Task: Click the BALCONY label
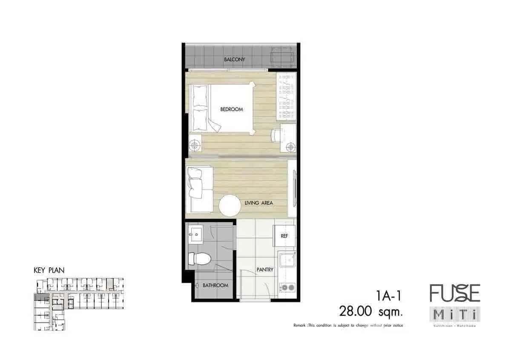[x=235, y=60]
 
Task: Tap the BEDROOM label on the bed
[x=232, y=109]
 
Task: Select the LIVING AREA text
[x=259, y=203]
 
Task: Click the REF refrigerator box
[x=284, y=236]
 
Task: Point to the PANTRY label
[x=264, y=270]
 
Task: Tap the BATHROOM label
[x=215, y=285]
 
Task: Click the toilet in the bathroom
[x=199, y=258]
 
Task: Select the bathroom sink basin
[x=196, y=234]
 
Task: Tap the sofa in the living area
[x=198, y=189]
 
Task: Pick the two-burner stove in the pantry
[x=287, y=287]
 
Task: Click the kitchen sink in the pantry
[x=287, y=259]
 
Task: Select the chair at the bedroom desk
[x=277, y=135]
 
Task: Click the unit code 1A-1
[x=388, y=295]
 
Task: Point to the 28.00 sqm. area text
[x=370, y=312]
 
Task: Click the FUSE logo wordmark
[x=454, y=293]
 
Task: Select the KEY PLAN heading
[x=49, y=270]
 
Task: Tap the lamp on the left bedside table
[x=195, y=146]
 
